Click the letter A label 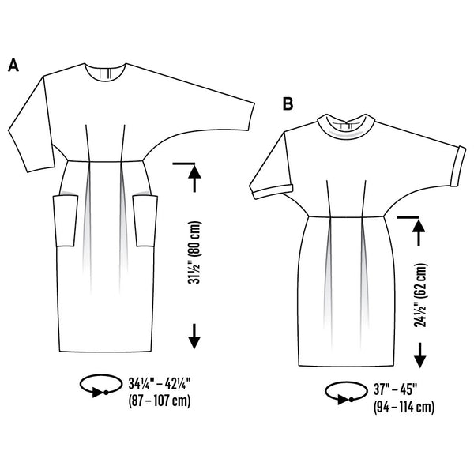[x=13, y=65]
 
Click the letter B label [x=288, y=103]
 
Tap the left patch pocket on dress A [x=66, y=220]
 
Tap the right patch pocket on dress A [x=145, y=220]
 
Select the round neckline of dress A [x=104, y=73]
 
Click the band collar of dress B [x=347, y=126]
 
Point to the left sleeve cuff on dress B [x=273, y=192]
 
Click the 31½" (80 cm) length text [x=194, y=253]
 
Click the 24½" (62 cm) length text [x=420, y=295]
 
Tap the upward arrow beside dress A [x=194, y=178]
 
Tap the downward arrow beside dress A [x=194, y=337]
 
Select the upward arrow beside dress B [x=419, y=231]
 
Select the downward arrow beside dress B [x=420, y=355]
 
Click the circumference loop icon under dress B [x=346, y=393]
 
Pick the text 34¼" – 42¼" [x=160, y=384]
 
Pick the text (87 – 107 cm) [x=160, y=401]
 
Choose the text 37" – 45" [x=396, y=389]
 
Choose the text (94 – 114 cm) [x=404, y=407]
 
